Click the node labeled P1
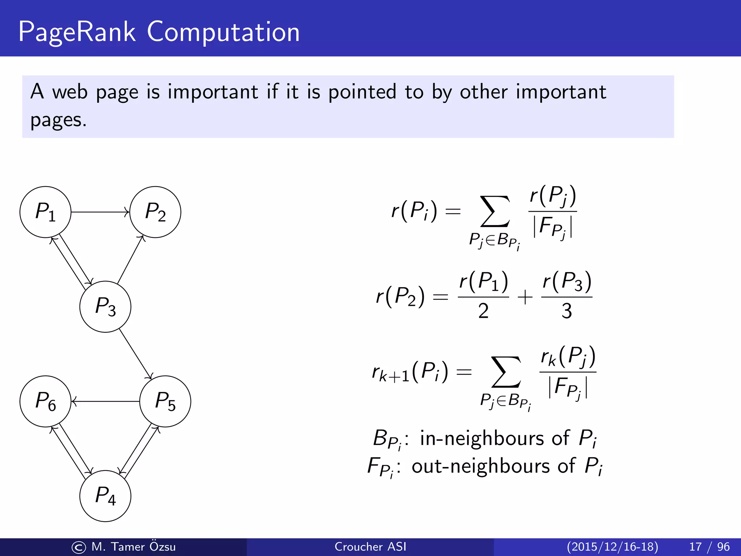pyautogui.click(x=45, y=212)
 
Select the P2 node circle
pyautogui.click(x=155, y=212)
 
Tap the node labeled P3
pyautogui.click(x=105, y=307)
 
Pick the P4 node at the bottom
pyautogui.click(x=105, y=496)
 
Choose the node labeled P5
pyautogui.click(x=165, y=401)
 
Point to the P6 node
pyautogui.click(x=45, y=401)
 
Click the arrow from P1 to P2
pyautogui.click(x=100, y=212)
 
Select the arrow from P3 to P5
pyautogui.click(x=136, y=354)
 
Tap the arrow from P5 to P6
pyautogui.click(x=105, y=401)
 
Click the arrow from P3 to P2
pyautogui.click(x=131, y=260)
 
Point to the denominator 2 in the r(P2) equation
pyautogui.click(x=483, y=311)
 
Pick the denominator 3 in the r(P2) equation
pyautogui.click(x=567, y=311)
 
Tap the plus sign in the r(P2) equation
pyautogui.click(x=525, y=297)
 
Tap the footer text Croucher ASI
pyautogui.click(x=370, y=547)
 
